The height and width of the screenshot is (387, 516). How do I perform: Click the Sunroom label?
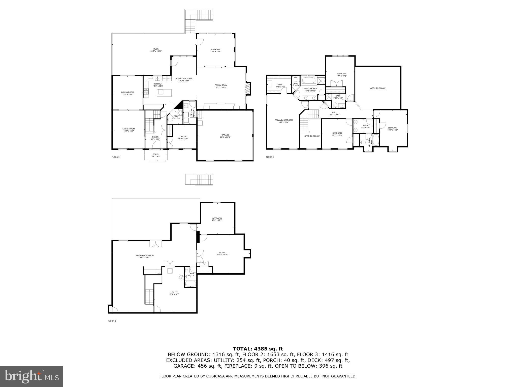[215, 50]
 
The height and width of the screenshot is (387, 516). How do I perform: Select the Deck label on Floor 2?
[156, 50]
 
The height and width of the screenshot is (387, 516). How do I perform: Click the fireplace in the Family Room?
[248, 89]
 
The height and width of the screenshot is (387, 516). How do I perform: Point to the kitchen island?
[164, 92]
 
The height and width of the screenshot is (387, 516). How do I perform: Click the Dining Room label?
[127, 93]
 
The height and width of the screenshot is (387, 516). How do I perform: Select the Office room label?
[183, 138]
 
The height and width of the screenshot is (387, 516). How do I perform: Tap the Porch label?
[156, 155]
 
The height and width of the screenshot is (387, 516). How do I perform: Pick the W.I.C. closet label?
[280, 86]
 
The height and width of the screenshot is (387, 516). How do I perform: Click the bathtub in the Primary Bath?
[309, 81]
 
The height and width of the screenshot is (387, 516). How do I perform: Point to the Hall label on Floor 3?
[334, 113]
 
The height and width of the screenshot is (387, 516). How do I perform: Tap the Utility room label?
[174, 293]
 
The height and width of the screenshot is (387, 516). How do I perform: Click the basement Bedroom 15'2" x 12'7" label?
[217, 219]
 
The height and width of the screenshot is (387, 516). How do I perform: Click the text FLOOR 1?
[112, 321]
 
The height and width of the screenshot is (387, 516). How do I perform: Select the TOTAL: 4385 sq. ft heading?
[258, 349]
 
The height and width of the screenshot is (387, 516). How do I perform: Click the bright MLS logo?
[31, 376]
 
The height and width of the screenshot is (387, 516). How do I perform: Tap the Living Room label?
[128, 130]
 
